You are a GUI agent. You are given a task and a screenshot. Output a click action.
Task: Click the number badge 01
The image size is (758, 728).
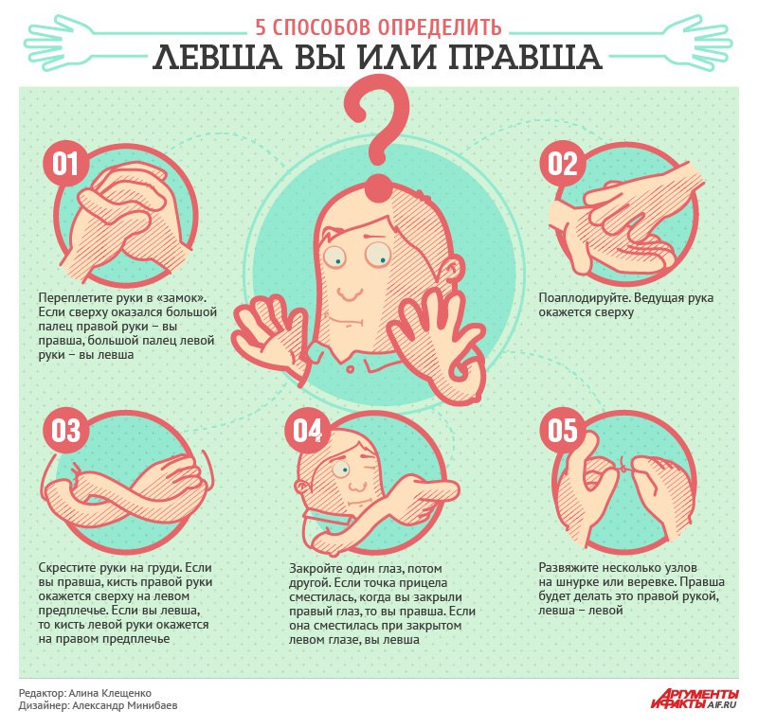click(x=65, y=164)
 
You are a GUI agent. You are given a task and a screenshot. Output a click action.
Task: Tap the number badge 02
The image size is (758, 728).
click(x=562, y=164)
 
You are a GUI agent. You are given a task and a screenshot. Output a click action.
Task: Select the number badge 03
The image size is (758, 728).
click(x=65, y=431)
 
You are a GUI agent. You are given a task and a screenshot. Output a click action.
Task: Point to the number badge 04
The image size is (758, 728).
click(x=307, y=431)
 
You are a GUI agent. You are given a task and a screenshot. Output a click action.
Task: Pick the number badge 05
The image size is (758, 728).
click(x=562, y=431)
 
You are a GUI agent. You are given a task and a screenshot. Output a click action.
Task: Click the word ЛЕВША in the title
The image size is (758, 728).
click(x=218, y=57)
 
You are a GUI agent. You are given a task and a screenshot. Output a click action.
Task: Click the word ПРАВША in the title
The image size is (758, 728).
click(x=525, y=57)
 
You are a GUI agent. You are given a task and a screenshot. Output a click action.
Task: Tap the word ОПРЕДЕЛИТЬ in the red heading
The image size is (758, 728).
click(x=440, y=27)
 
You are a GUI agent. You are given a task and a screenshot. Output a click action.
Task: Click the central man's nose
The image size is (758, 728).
click(x=350, y=292)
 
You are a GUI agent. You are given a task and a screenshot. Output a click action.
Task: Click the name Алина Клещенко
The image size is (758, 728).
click(x=110, y=693)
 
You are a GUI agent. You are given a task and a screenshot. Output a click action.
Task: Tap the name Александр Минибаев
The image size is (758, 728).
click(x=125, y=706)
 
